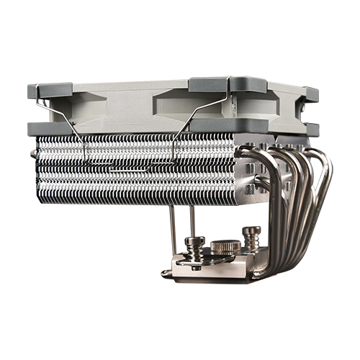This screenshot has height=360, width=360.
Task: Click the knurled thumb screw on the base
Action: click(x=225, y=247)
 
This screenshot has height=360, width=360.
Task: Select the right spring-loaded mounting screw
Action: click(x=251, y=236)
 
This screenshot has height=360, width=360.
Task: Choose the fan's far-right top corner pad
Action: click(x=310, y=94)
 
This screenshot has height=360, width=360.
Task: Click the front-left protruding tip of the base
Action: click(x=167, y=273)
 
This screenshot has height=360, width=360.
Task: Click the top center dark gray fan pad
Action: click(x=209, y=84)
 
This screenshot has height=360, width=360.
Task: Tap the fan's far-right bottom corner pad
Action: click(x=310, y=129)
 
